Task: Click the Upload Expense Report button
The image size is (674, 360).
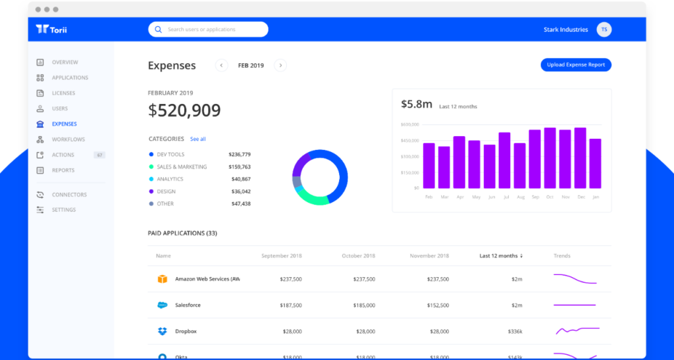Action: (x=576, y=64)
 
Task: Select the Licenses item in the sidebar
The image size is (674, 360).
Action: (x=63, y=93)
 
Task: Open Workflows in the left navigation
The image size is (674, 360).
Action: (x=68, y=140)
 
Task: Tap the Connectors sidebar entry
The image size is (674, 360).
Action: (x=69, y=195)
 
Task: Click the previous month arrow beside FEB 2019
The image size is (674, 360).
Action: (x=222, y=65)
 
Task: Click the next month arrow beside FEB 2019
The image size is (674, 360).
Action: (x=280, y=65)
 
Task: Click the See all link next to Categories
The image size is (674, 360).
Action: (x=197, y=140)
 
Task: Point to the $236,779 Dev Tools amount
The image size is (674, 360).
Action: (x=240, y=154)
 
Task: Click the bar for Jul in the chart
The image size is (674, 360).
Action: (x=504, y=161)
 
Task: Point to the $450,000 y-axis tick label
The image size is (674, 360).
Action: (x=409, y=140)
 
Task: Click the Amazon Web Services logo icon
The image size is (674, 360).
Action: (x=163, y=279)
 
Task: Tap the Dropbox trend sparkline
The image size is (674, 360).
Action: (x=576, y=330)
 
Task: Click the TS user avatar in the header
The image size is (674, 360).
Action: (x=604, y=30)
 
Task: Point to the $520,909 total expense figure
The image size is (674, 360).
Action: (x=184, y=111)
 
